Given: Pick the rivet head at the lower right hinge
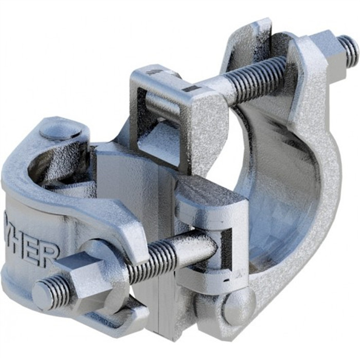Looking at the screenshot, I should (238, 305).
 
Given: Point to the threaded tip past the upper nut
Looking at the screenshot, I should (349, 49).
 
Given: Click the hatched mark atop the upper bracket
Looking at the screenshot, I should (154, 73).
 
